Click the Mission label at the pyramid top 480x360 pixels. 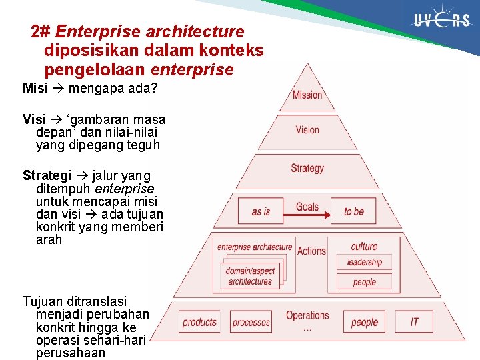coord(307,95)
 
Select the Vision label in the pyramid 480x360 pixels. coord(307,130)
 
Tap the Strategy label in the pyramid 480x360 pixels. coord(307,168)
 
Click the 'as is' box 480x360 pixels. coord(261,211)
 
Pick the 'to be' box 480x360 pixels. coord(354,211)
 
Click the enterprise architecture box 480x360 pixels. coord(254,247)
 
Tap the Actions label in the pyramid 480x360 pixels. coord(311,251)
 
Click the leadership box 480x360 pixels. coord(364,262)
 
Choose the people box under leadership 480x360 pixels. coord(364,281)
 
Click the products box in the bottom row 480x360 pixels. coord(200,322)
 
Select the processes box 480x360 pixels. coord(251,322)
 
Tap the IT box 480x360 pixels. coord(414,322)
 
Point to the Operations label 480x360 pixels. coord(307,315)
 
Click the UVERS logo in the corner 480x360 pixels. coord(442,21)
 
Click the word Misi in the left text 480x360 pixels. coord(35,88)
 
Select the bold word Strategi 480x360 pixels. coord(47,176)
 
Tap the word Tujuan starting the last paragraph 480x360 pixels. coord(41,301)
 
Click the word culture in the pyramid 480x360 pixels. coord(364,246)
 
